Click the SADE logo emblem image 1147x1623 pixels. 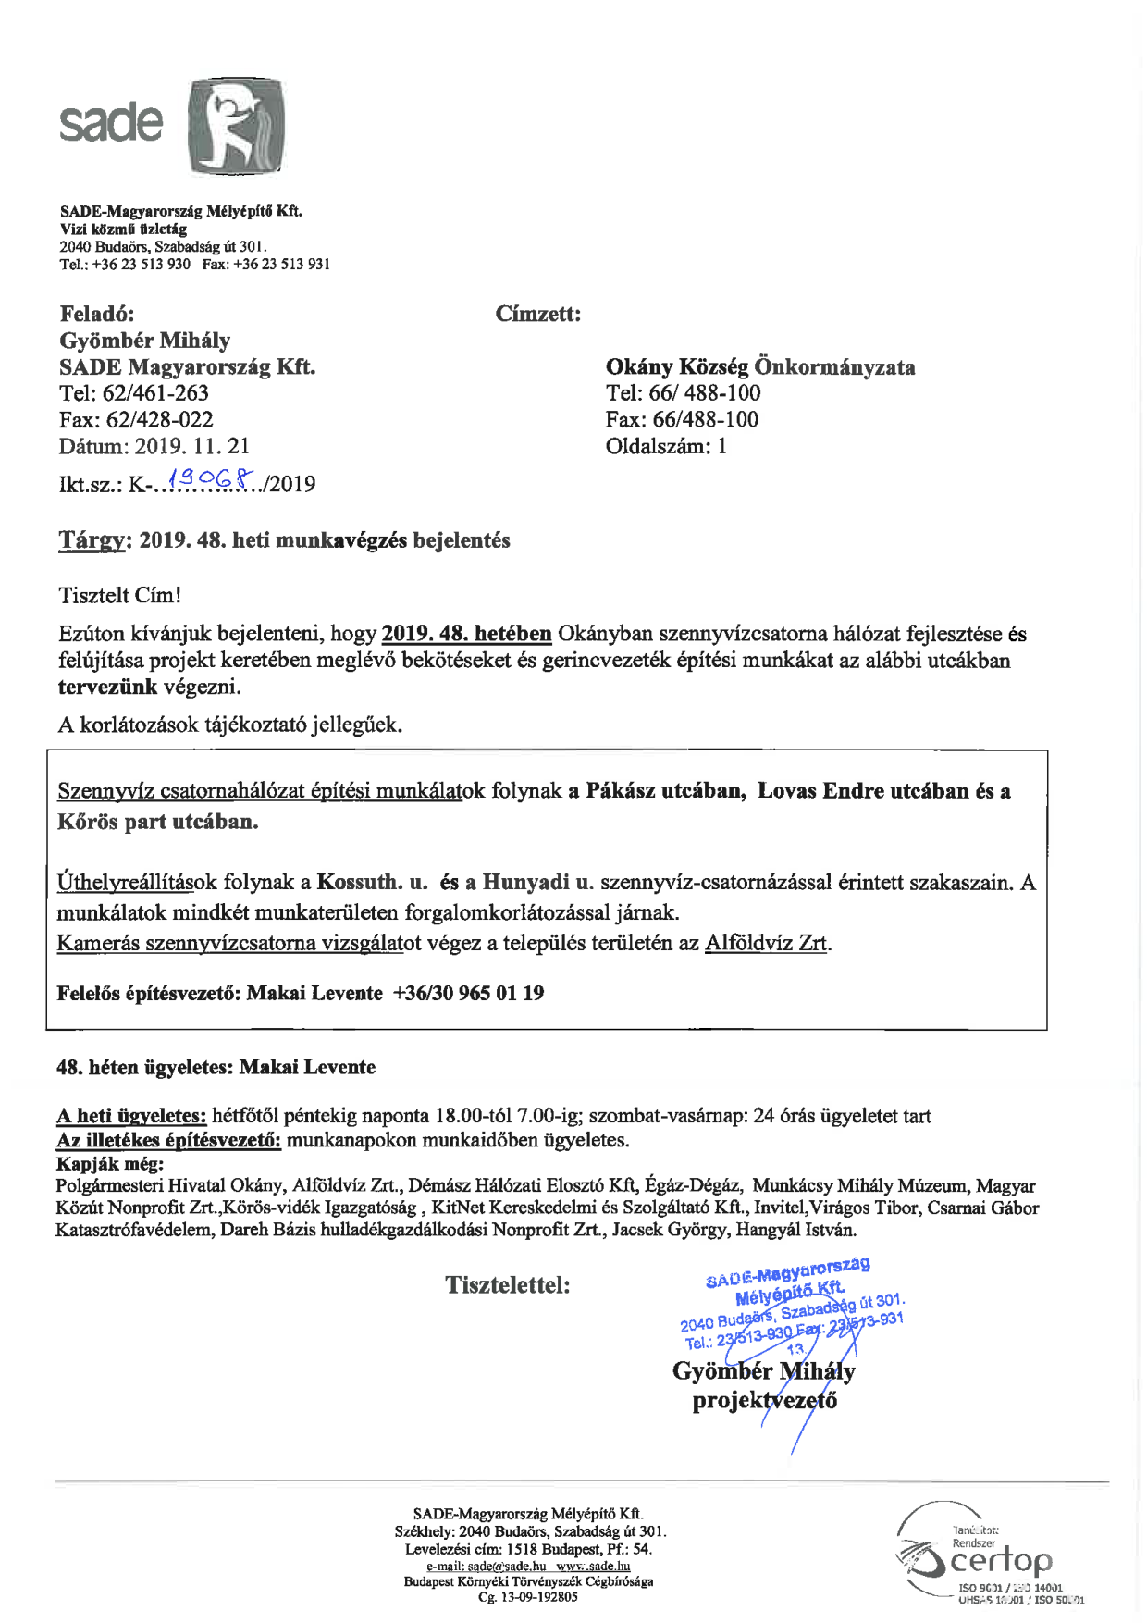coord(236,127)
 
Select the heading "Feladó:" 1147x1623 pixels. coord(97,314)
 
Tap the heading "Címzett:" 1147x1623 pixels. coord(538,314)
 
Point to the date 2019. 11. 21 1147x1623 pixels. coord(192,446)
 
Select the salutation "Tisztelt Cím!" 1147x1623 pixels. coord(119,595)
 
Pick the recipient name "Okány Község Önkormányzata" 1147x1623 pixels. coord(760,367)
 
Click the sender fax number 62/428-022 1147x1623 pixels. coord(160,420)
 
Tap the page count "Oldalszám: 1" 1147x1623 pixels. coord(666,446)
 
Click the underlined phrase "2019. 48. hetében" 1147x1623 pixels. coord(466,634)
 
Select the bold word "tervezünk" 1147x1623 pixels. coord(107,687)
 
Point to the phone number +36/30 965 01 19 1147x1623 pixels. coord(468,993)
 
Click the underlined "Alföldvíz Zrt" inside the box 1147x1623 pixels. coord(766,943)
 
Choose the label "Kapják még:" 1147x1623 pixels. coord(110,1164)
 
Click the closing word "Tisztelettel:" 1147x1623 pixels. coord(508,1284)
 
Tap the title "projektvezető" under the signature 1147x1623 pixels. coord(764,1401)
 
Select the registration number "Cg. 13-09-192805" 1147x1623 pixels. coord(528,1596)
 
